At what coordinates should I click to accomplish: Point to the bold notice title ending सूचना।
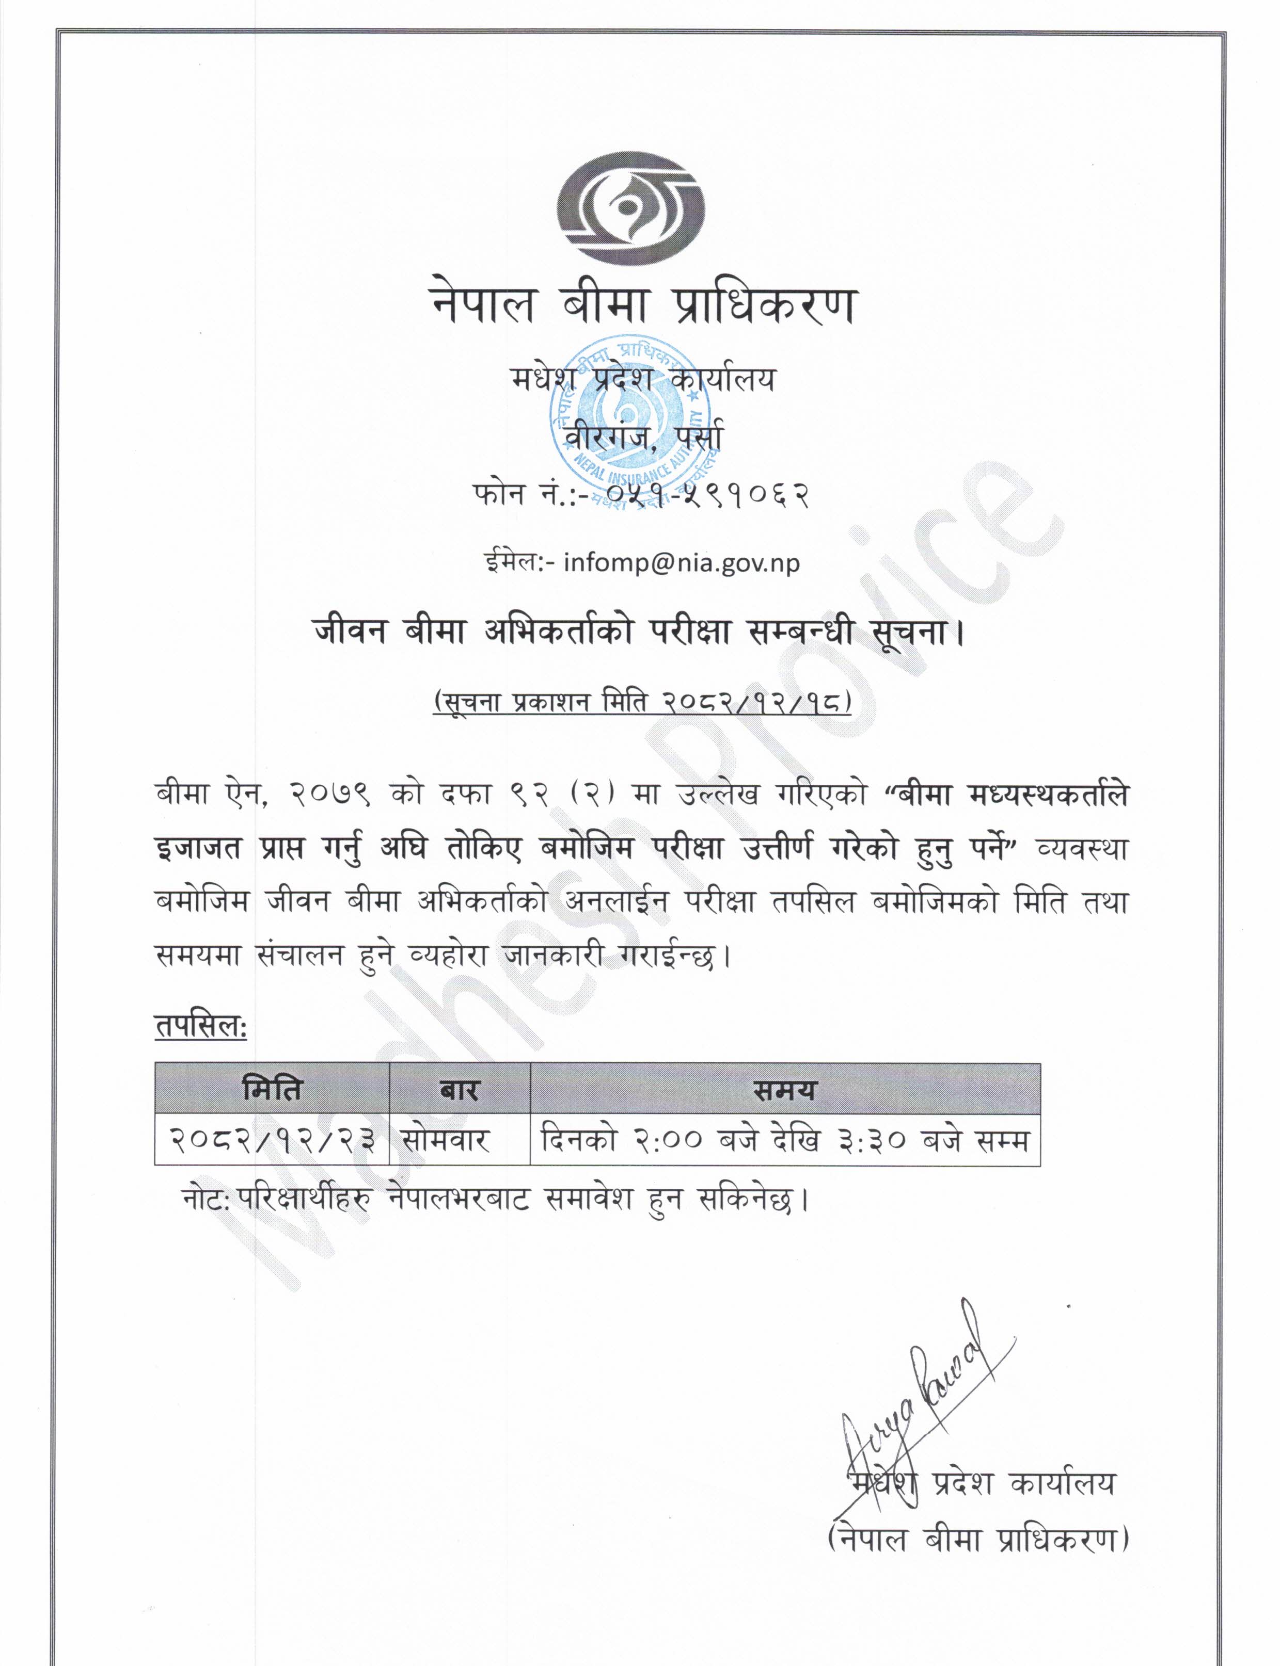639,632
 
